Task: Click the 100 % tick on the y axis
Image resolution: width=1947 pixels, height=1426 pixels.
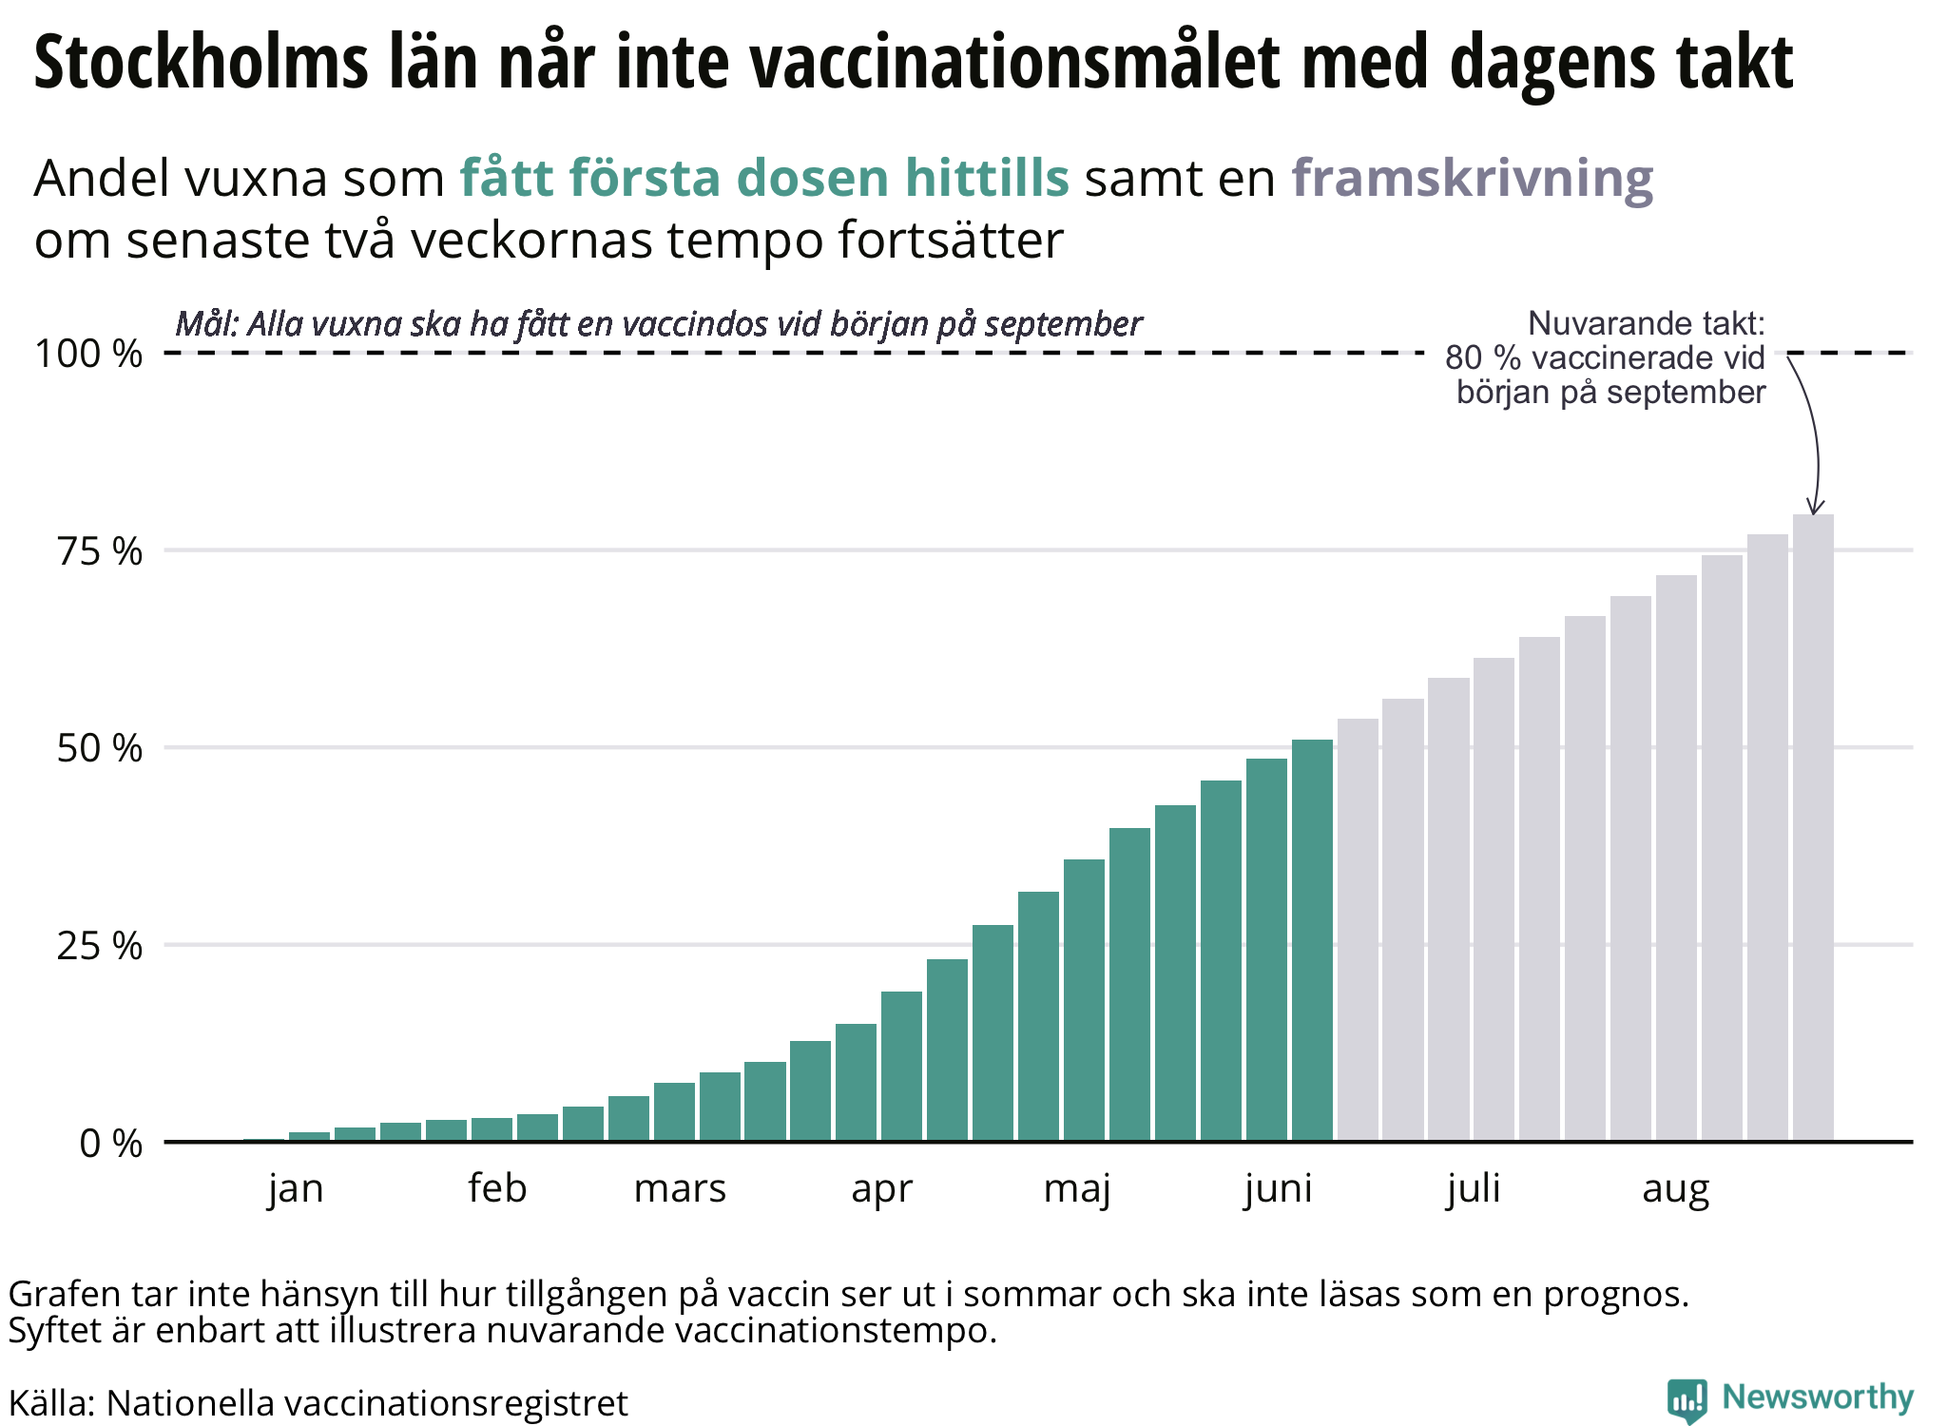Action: (x=88, y=354)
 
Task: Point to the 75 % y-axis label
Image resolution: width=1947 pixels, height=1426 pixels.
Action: (x=100, y=551)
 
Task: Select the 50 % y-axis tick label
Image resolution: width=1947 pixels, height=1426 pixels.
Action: (x=100, y=749)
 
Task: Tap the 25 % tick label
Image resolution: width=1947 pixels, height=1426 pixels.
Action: (x=100, y=946)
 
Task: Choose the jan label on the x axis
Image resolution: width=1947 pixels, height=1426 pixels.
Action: (x=296, y=1189)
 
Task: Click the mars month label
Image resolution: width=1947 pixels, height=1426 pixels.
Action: (x=680, y=1189)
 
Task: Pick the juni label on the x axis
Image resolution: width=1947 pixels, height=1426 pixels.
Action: (x=1279, y=1189)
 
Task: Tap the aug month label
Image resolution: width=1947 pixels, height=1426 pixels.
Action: (x=1676, y=1189)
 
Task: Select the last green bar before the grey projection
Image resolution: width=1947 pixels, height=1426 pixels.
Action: (x=1312, y=941)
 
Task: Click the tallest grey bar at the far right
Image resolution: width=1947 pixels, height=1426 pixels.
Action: (x=1813, y=827)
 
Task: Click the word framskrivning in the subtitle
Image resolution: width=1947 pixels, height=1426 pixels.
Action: (x=1472, y=179)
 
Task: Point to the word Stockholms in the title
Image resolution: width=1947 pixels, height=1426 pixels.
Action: (x=201, y=63)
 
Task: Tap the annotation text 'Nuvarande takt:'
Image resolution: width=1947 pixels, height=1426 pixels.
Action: (x=1646, y=324)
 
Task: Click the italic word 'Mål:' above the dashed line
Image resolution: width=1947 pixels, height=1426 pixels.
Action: (x=206, y=325)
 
